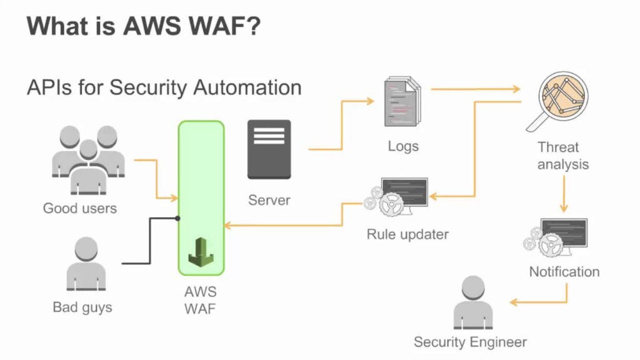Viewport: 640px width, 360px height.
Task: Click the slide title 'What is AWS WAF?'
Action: pos(143,26)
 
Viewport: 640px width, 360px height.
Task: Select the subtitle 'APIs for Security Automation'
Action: pos(164,87)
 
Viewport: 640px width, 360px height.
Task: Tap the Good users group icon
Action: pos(88,159)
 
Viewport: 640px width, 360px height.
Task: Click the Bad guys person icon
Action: pos(86,264)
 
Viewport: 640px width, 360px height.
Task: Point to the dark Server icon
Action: pos(269,149)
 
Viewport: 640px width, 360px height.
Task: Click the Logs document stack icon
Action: pos(402,101)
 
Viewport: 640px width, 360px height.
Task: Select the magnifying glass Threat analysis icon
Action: pos(557,102)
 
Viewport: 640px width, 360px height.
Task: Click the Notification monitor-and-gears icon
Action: pos(555,237)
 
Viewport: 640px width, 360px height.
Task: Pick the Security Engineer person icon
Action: pos(473,302)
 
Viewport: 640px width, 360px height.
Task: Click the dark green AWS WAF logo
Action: pos(201,252)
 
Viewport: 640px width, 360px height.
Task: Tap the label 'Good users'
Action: pos(80,208)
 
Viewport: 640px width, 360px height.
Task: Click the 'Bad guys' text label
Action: pos(82,307)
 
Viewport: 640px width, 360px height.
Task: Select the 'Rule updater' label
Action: pos(407,234)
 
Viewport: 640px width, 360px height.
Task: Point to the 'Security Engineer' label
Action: pos(470,342)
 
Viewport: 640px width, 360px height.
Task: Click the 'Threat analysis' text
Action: pos(563,156)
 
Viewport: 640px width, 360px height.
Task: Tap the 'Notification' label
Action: pos(564,272)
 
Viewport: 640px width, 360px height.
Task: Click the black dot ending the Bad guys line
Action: pos(177,218)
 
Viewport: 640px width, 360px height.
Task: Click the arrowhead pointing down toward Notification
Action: pos(564,209)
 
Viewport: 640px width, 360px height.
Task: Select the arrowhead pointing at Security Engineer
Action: pos(514,302)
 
